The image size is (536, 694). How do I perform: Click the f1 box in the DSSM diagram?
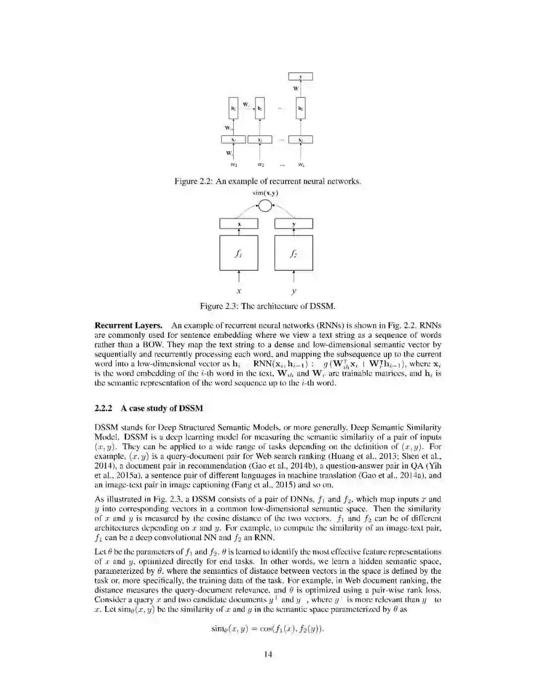tap(239, 252)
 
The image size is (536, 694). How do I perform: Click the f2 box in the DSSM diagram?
tap(294, 252)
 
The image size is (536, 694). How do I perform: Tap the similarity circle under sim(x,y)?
tap(266, 205)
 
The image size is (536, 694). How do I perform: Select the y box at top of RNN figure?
tap(301, 77)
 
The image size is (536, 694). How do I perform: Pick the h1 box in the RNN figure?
tap(233, 108)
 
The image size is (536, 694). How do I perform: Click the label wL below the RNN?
tap(301, 164)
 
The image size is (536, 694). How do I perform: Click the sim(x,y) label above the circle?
tap(266, 192)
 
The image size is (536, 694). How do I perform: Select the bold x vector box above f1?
tap(239, 224)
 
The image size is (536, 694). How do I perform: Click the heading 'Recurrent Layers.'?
tap(129, 326)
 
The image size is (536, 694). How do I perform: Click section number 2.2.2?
tap(104, 408)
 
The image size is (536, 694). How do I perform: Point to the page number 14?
tap(268, 654)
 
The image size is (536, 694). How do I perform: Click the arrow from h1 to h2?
tap(247, 108)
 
